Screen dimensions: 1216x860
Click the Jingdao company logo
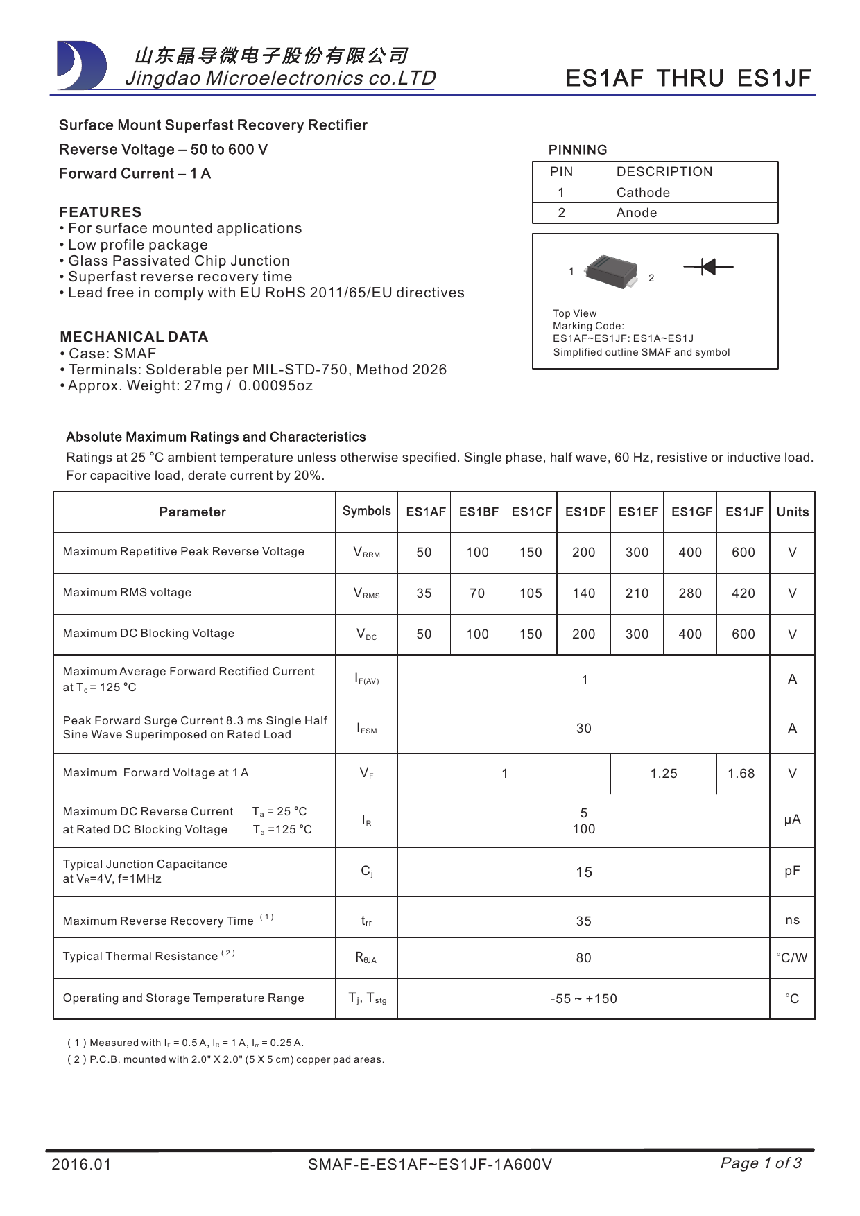click(82, 66)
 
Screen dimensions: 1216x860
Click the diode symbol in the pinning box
click(707, 266)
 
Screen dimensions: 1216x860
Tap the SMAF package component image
click(611, 271)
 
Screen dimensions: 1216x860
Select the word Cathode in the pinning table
click(643, 193)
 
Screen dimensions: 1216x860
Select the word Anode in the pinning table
click(636, 213)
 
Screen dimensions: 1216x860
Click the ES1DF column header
click(585, 512)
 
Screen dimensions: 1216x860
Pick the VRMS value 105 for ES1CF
click(531, 593)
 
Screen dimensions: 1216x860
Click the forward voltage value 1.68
click(741, 774)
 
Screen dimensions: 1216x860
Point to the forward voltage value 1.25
click(663, 774)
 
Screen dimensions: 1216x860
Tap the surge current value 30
click(584, 729)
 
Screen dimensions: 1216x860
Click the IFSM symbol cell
click(367, 729)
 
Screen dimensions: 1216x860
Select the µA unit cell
click(792, 820)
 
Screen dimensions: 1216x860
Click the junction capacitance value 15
click(584, 872)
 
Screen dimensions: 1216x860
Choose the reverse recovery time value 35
click(584, 921)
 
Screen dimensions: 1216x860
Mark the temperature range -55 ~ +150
click(583, 999)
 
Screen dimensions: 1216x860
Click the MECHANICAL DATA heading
click(134, 337)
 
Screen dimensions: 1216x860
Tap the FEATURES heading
click(100, 212)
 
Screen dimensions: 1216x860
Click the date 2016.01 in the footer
click(81, 1164)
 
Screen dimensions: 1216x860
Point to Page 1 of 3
click(761, 1163)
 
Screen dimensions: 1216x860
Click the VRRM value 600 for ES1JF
click(743, 553)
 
